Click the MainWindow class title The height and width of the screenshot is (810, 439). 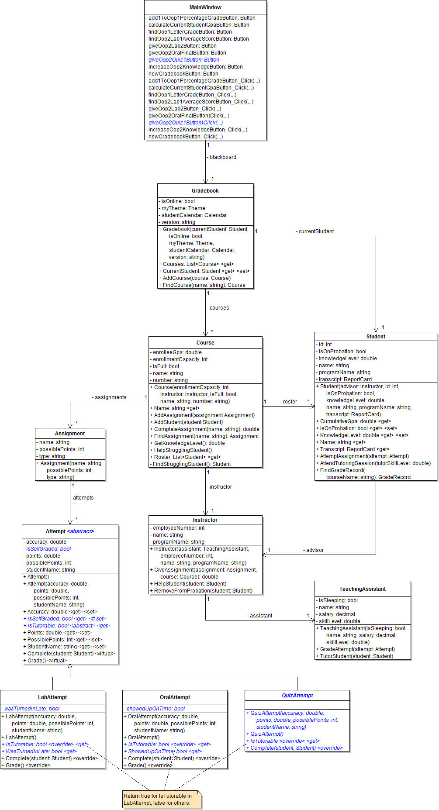(x=205, y=7)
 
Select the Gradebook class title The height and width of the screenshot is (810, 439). (x=205, y=191)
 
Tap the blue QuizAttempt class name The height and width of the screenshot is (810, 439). (x=297, y=696)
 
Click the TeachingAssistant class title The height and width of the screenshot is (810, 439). (x=363, y=589)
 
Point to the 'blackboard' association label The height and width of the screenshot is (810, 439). (x=222, y=157)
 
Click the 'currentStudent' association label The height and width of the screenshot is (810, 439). (x=316, y=231)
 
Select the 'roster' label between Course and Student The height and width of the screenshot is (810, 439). (x=289, y=402)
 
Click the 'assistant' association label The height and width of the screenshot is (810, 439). (x=260, y=616)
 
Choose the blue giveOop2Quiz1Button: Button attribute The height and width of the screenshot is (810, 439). (x=183, y=60)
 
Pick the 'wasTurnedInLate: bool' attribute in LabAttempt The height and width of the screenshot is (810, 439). (x=31, y=709)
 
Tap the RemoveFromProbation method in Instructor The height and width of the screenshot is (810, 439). (x=203, y=591)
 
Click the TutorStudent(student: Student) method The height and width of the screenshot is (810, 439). (x=356, y=656)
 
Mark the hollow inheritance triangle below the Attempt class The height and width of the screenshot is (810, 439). (x=70, y=667)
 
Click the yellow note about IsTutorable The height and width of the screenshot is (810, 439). (x=162, y=800)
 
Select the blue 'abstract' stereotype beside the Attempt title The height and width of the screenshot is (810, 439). (x=81, y=531)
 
